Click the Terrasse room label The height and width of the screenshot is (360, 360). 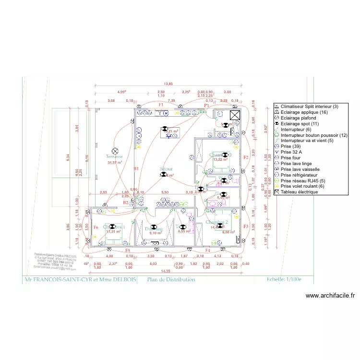tap(115, 156)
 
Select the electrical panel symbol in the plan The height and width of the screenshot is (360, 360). tap(235, 115)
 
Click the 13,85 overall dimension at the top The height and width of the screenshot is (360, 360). tap(168, 84)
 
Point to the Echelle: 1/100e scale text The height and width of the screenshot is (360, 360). tap(284, 280)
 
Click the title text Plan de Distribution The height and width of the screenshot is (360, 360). tap(171, 280)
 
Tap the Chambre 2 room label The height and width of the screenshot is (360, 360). tap(216, 222)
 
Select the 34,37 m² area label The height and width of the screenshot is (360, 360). tap(115, 163)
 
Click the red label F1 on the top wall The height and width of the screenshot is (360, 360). tap(161, 105)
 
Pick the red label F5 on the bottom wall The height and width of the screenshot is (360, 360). tap(128, 251)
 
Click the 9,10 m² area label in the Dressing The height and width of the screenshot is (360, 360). tap(154, 233)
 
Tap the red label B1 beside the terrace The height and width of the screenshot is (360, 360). tap(136, 168)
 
